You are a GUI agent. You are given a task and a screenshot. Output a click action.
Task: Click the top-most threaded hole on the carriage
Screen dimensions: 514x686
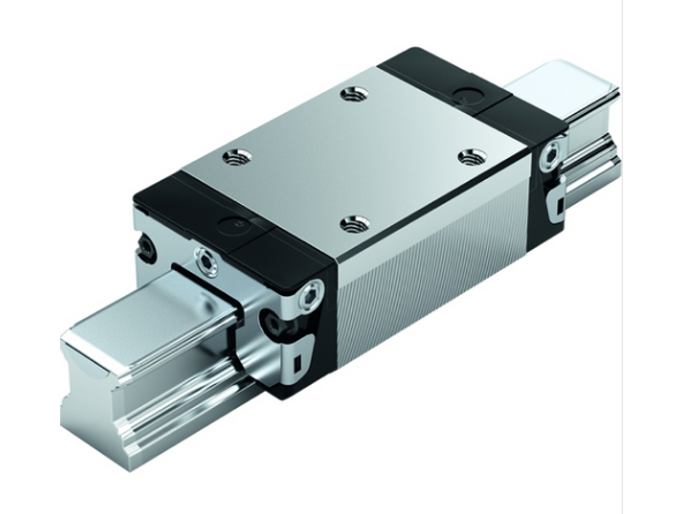[354, 94]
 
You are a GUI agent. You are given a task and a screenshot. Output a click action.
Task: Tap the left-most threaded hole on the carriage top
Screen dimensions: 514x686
[236, 158]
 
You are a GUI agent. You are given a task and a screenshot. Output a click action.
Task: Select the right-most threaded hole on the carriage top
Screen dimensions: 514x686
[472, 157]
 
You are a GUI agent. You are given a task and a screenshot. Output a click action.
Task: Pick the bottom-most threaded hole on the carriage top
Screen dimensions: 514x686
[354, 224]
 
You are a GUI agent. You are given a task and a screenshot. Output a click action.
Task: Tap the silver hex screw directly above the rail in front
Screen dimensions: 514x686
[206, 261]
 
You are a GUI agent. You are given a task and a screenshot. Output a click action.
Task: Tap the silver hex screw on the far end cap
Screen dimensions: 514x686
[551, 155]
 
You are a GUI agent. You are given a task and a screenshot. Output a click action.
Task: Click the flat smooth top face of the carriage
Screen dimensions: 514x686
[355, 154]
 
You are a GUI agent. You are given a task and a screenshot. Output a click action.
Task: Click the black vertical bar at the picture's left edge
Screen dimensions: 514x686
[29, 257]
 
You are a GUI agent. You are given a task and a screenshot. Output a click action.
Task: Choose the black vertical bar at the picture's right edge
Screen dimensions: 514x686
[656, 257]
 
